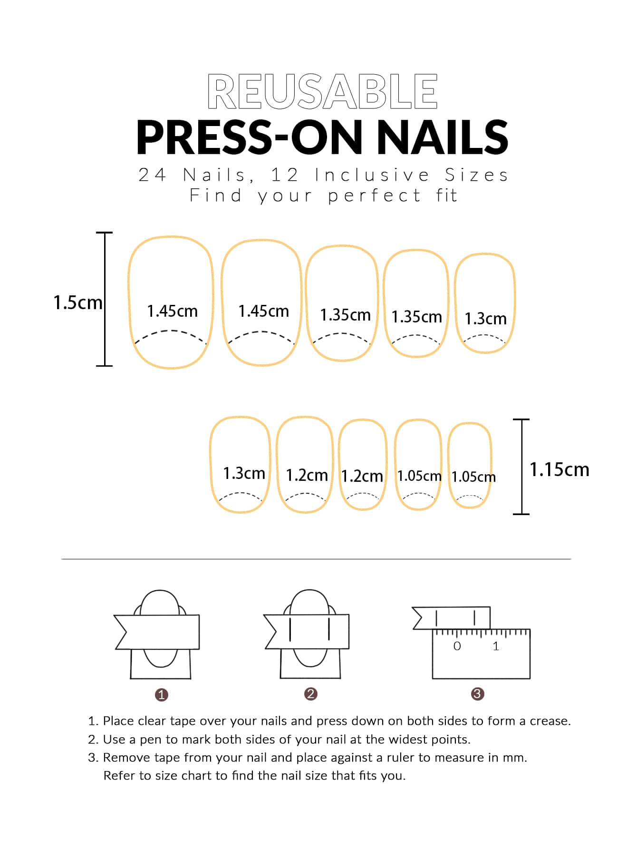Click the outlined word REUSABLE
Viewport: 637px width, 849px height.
pos(322,91)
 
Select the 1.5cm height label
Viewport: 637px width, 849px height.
pos(77,303)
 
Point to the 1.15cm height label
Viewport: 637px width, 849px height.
pos(559,469)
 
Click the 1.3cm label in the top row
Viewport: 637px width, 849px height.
pos(485,319)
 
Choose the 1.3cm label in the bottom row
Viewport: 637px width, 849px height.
pos(244,473)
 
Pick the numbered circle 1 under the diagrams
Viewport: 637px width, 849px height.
pos(162,694)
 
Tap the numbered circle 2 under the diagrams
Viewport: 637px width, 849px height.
pos(310,693)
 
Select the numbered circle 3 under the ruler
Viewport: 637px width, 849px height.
pos(477,693)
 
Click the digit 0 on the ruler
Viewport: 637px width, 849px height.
pos(457,646)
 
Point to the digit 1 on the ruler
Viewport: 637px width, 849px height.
pos(496,646)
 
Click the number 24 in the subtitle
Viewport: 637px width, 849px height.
pos(152,175)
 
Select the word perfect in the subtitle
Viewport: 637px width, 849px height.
pos(374,195)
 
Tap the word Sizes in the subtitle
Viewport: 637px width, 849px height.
pos(476,175)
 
